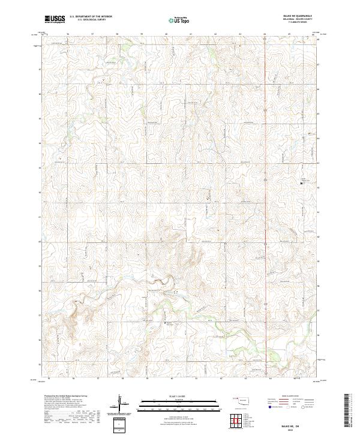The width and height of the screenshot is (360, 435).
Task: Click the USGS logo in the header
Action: [x=55, y=19]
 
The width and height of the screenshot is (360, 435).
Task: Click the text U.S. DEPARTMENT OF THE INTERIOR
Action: [x=95, y=17]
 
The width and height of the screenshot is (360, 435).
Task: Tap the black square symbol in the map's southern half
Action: [x=167, y=324]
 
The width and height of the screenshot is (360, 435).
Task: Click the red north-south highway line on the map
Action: [x=266, y=180]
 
